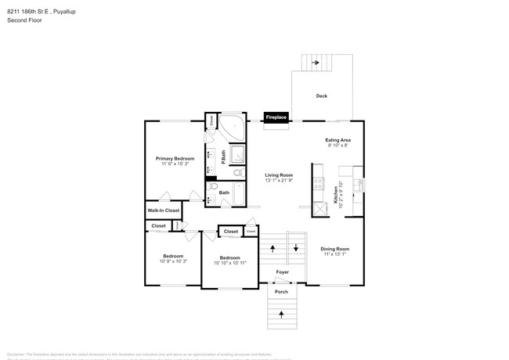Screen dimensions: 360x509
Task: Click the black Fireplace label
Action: (276, 117)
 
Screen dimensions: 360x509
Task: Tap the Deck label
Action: (321, 96)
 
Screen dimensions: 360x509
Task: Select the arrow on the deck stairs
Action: (316, 62)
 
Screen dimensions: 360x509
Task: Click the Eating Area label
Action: (338, 140)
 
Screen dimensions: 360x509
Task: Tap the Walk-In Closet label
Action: (163, 211)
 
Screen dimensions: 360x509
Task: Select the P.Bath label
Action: (223, 157)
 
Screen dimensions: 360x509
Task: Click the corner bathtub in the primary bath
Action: (230, 126)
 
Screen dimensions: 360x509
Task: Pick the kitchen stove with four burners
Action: (319, 185)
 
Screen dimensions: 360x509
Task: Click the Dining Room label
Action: (334, 249)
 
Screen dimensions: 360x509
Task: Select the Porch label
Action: (281, 292)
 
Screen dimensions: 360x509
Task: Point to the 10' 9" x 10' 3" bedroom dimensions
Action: (173, 261)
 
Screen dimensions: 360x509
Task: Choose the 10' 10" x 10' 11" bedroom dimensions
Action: (229, 263)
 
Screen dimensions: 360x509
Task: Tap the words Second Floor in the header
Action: (24, 20)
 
